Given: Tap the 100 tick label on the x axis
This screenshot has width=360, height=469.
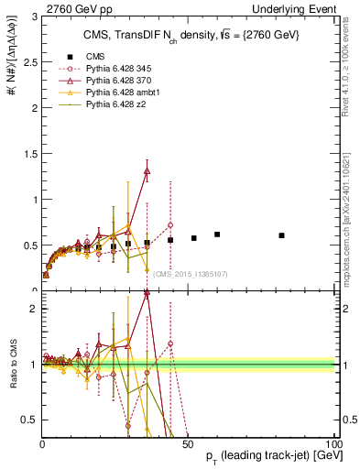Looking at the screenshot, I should click(x=333, y=443).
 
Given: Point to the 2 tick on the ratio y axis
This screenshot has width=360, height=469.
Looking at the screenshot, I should click(x=32, y=309).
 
